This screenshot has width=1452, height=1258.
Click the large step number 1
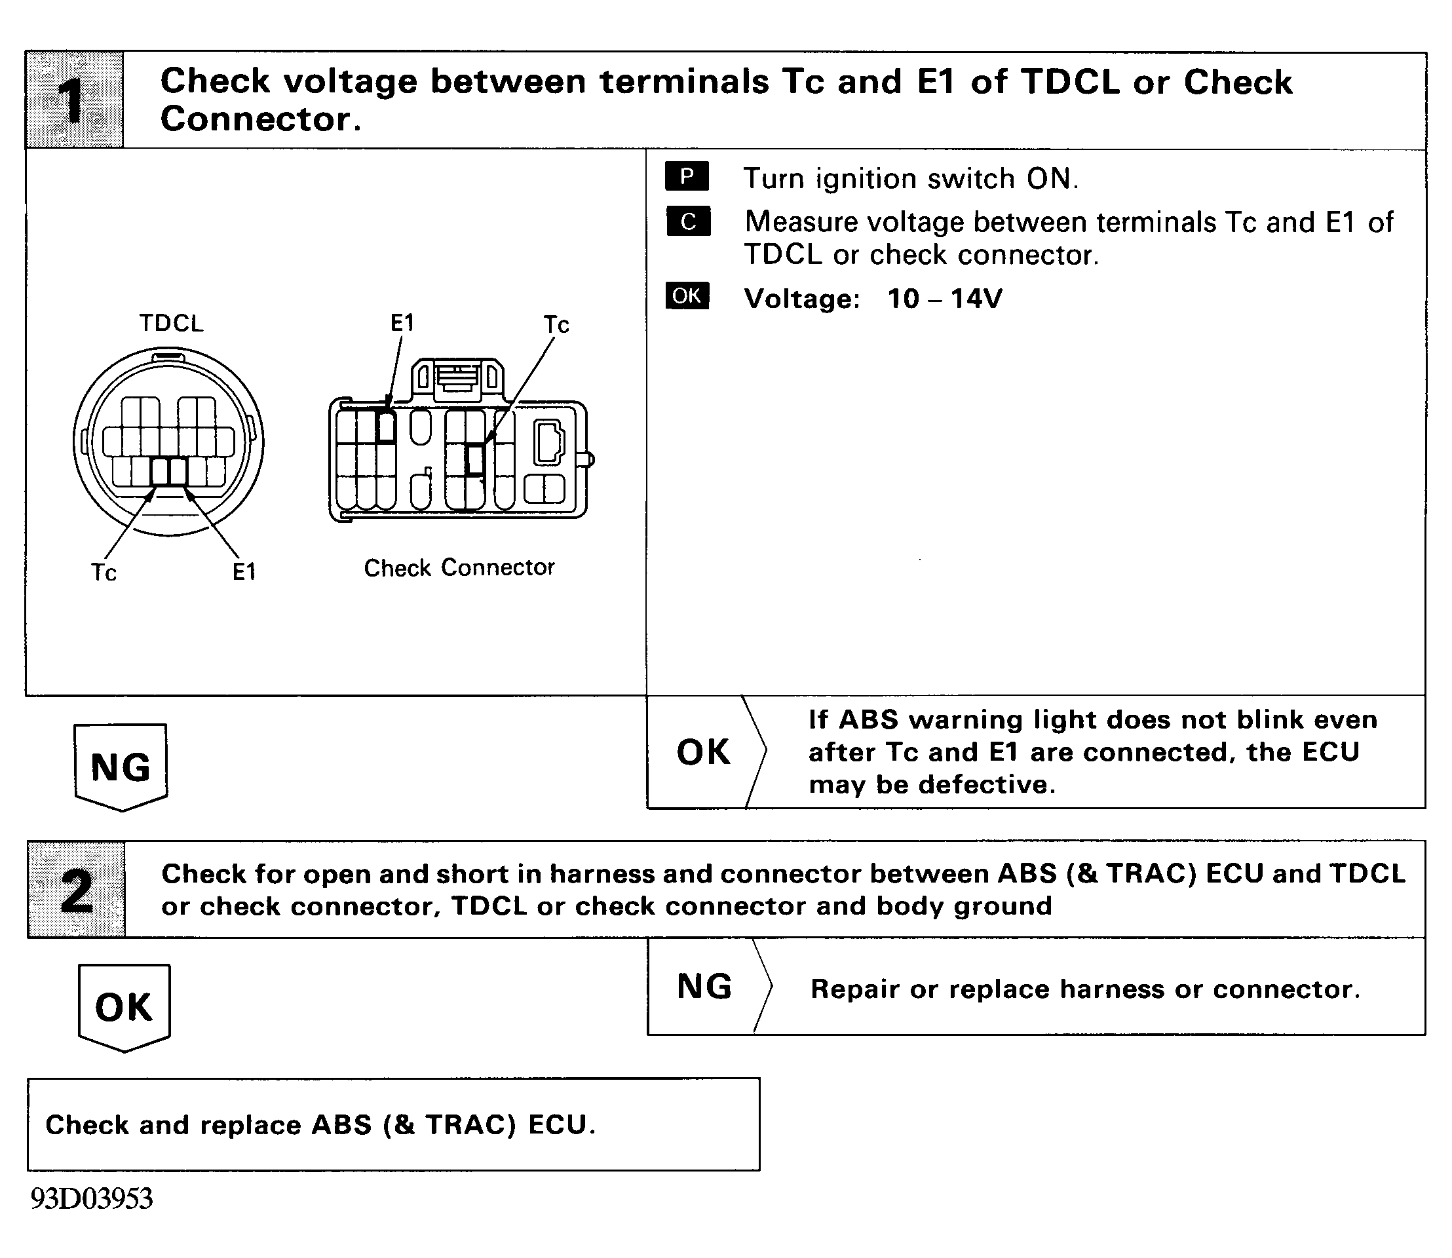click(72, 100)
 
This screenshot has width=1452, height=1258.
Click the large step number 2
click(76, 890)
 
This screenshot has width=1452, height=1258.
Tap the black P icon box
click(687, 176)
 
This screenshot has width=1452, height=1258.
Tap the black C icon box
click(688, 221)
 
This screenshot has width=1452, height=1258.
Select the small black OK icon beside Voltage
click(687, 295)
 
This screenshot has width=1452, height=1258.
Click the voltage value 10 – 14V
click(944, 299)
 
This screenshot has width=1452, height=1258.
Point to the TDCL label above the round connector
click(170, 323)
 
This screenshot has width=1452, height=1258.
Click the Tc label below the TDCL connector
click(104, 573)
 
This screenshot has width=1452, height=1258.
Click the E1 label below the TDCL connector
click(244, 572)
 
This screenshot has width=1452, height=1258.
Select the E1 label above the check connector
click(402, 323)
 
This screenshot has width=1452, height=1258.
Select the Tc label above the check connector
click(556, 324)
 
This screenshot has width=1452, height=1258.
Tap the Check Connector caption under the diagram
click(459, 567)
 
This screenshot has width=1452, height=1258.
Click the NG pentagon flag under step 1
click(121, 767)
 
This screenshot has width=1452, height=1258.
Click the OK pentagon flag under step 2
click(124, 1008)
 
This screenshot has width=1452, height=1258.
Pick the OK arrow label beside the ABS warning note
click(703, 753)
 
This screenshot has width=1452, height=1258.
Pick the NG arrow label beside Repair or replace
click(704, 986)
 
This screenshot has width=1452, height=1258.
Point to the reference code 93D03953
click(91, 1199)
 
